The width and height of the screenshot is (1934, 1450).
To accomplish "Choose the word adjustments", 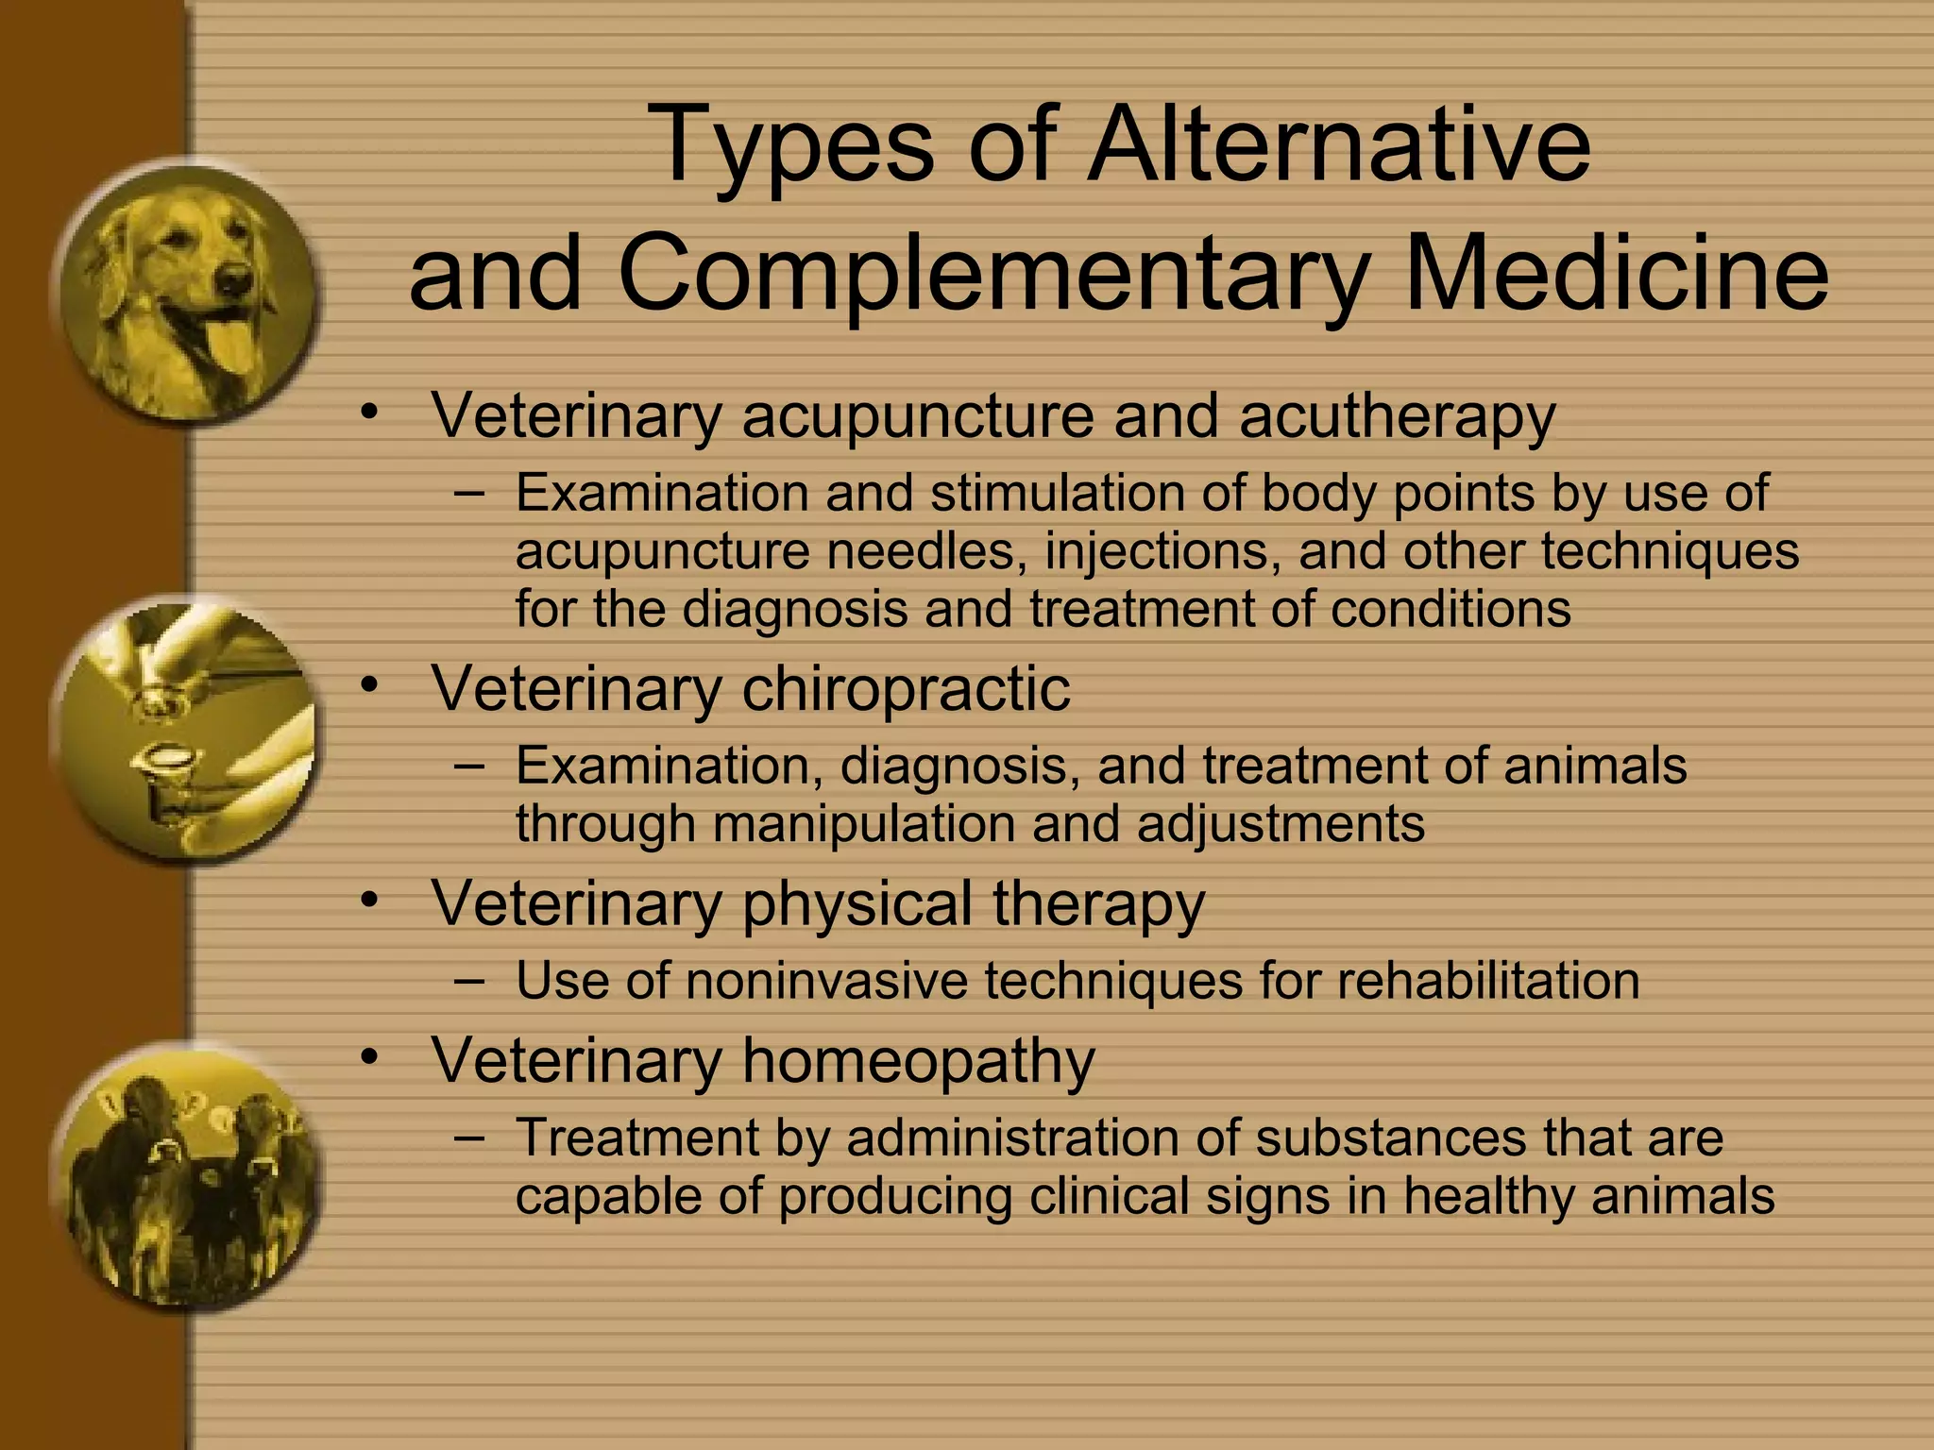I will [1281, 823].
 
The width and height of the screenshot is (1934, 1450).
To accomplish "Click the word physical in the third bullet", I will [857, 903].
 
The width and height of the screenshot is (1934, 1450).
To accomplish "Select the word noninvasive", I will [826, 981].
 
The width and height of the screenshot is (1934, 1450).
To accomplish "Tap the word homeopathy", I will [918, 1060].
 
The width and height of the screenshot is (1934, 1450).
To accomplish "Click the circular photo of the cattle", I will [184, 1175].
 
